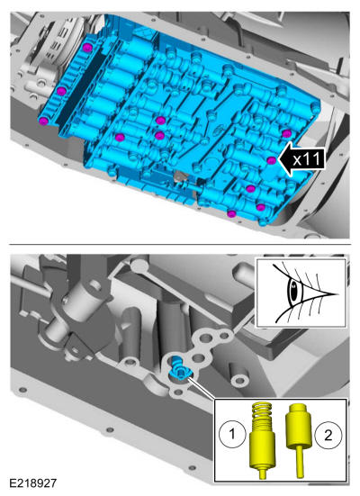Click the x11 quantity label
307,158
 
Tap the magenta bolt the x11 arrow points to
271,160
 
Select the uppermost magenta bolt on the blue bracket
87,48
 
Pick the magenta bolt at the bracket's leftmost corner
44,121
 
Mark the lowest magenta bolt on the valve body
231,214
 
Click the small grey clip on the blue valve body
180,177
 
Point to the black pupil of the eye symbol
294,291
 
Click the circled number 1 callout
232,433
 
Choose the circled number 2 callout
328,436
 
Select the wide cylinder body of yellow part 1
262,448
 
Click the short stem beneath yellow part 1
262,473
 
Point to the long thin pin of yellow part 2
301,462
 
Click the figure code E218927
33,483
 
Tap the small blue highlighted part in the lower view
179,368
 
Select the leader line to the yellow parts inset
202,388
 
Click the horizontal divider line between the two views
180,244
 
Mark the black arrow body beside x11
302,158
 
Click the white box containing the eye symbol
301,293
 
